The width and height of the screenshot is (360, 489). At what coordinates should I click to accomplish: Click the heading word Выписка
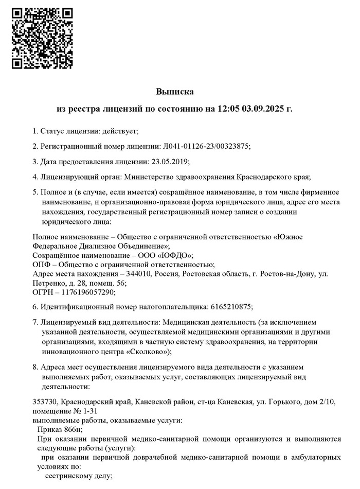point(175,92)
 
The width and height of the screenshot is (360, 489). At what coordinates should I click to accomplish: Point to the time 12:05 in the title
point(227,109)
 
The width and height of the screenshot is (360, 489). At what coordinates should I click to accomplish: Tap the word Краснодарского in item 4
point(261,177)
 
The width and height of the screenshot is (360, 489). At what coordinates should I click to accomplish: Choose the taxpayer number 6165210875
point(231,307)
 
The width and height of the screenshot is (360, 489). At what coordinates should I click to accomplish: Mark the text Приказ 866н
point(60,430)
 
